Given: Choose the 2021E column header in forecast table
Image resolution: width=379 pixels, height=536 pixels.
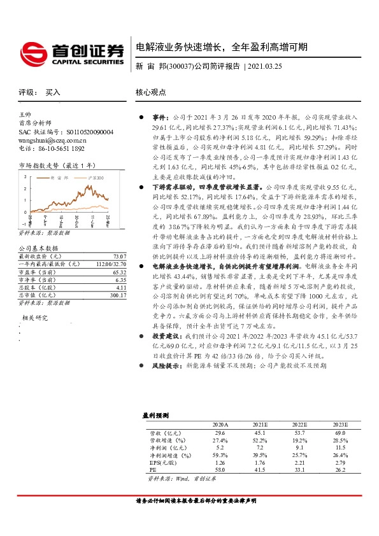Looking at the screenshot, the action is click(x=260, y=423).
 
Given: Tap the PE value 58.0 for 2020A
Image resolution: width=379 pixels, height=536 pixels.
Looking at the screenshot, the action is click(x=220, y=470).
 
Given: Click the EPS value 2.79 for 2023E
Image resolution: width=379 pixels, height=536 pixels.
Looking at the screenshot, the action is click(x=339, y=462).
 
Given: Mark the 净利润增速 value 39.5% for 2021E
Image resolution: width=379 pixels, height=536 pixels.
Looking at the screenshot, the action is click(x=260, y=455).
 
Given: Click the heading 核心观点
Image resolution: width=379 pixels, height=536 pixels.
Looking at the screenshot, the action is click(x=151, y=92).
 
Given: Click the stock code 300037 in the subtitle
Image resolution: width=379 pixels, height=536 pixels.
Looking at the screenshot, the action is click(x=180, y=66).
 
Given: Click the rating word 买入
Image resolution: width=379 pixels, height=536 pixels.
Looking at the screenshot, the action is click(x=53, y=92).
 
